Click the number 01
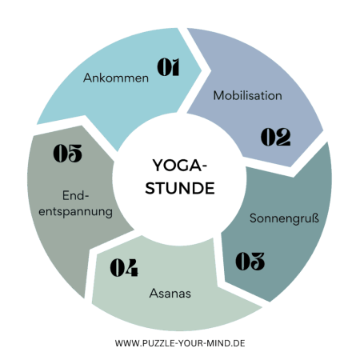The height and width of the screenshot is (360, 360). [168, 67]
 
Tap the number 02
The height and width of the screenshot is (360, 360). [275, 137]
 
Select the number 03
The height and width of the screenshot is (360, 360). [250, 261]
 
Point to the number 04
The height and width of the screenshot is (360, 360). [124, 267]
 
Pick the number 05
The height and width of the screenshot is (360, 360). [67, 153]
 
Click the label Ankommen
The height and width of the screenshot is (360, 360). [116, 78]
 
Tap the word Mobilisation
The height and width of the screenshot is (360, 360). [247, 95]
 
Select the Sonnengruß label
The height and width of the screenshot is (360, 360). [284, 218]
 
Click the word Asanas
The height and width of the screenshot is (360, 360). [170, 294]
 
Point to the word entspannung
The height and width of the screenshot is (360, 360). [75, 212]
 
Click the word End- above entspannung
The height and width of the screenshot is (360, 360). [75, 195]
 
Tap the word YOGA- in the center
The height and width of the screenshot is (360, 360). [179, 166]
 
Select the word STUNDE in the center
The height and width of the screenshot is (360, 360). [180, 188]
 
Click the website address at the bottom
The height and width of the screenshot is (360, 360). [180, 343]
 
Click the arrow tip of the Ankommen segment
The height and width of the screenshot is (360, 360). [202, 70]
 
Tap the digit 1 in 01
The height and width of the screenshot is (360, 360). [174, 67]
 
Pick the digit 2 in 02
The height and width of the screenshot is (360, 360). [283, 137]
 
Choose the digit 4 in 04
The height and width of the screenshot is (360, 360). [131, 267]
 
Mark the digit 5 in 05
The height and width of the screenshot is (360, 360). [75, 153]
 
